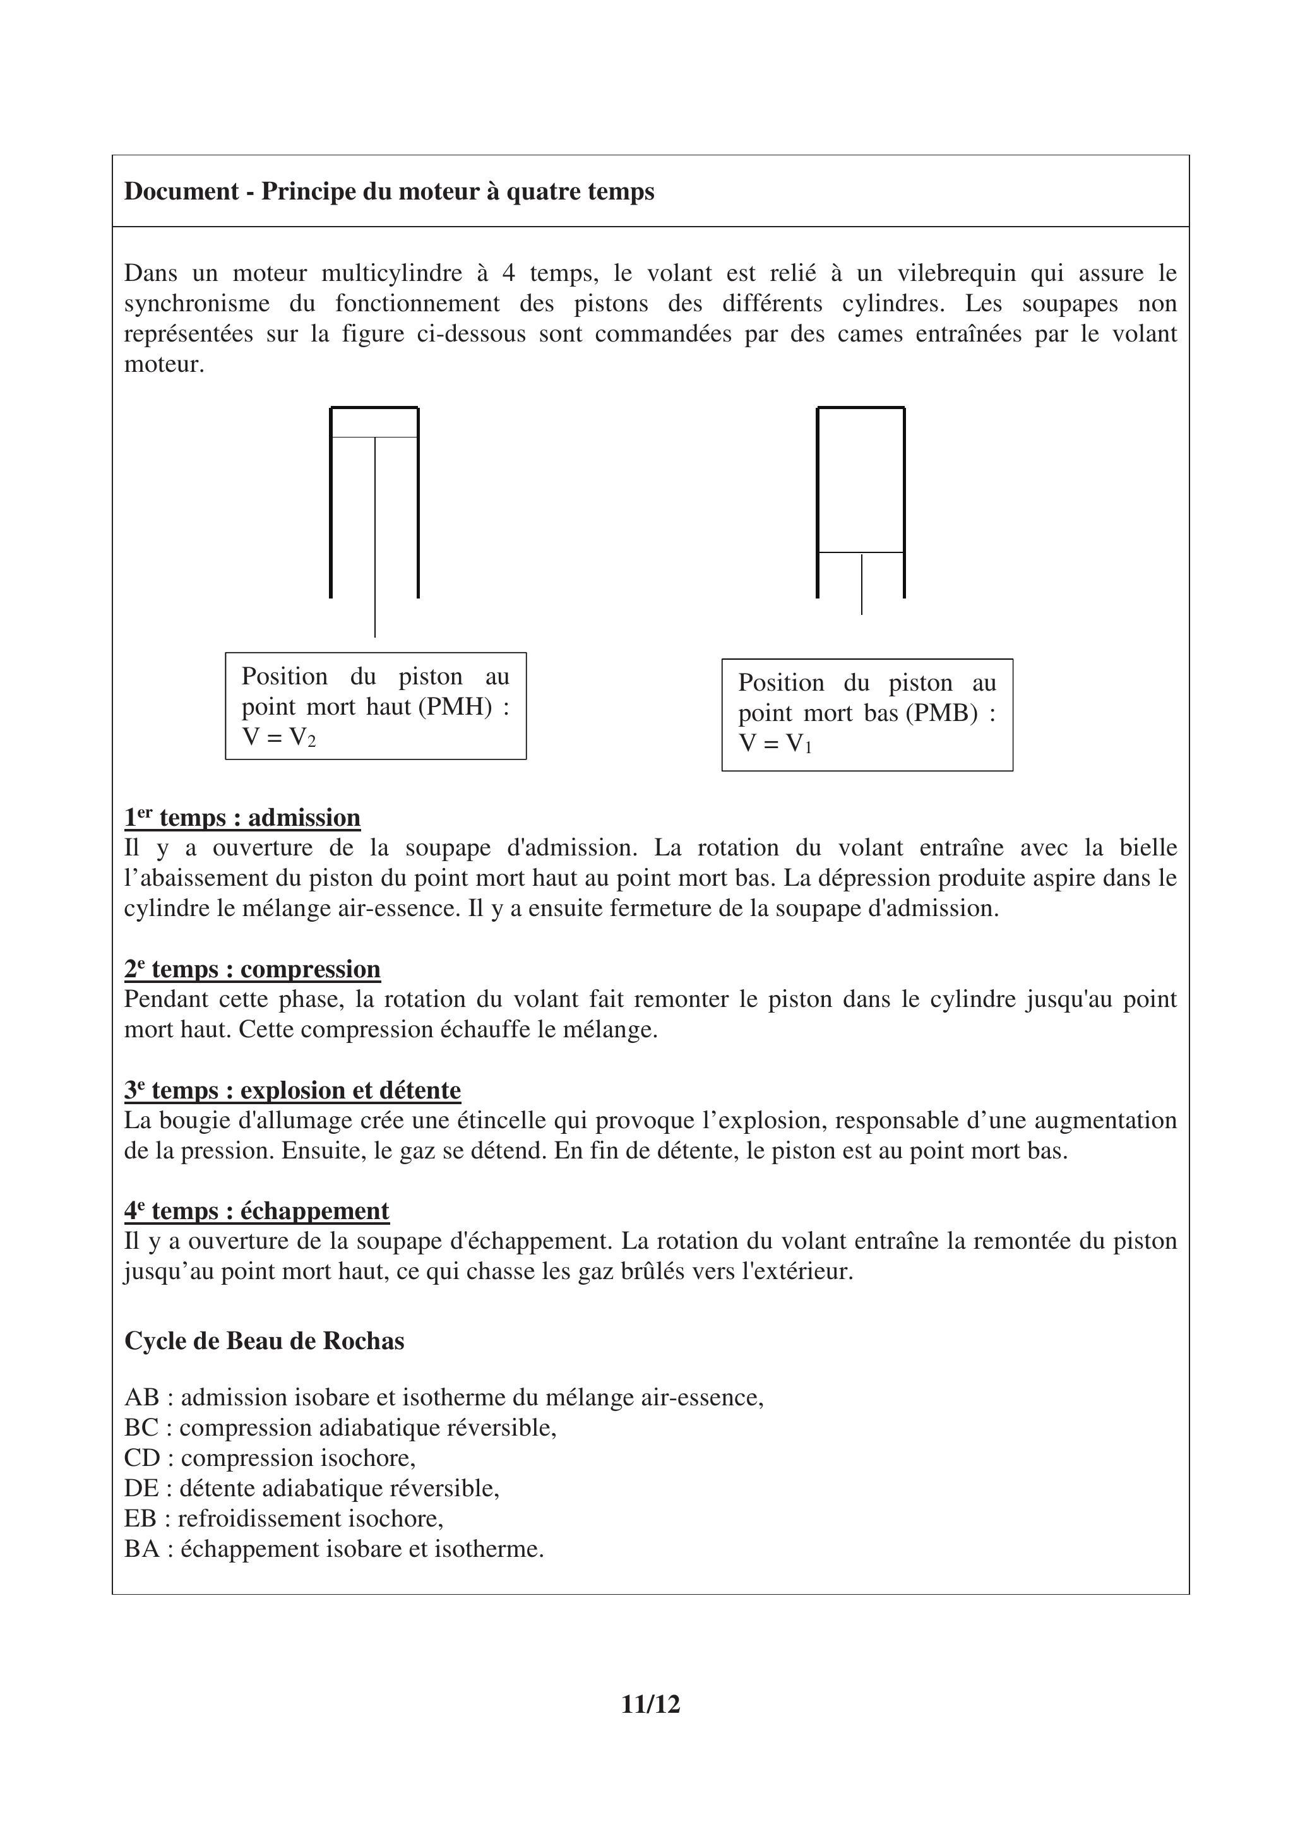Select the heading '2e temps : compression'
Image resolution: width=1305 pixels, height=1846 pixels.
tap(253, 969)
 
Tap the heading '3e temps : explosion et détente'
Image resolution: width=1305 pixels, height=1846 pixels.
tap(293, 1090)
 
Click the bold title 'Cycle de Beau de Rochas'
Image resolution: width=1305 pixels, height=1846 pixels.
tap(264, 1341)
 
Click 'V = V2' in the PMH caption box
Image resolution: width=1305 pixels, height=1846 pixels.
tap(279, 737)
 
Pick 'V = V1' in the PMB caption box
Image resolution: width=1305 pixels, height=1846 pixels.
tap(775, 744)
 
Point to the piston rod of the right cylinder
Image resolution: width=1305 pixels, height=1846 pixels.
tap(861, 585)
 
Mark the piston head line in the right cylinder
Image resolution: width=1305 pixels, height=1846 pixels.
tap(861, 552)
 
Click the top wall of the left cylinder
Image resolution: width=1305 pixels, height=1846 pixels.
tap(374, 408)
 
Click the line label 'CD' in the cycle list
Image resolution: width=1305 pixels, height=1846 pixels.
tap(141, 1458)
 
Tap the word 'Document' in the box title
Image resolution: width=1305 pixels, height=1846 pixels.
tap(182, 191)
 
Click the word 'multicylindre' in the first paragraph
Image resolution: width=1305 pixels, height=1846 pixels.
tap(391, 273)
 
